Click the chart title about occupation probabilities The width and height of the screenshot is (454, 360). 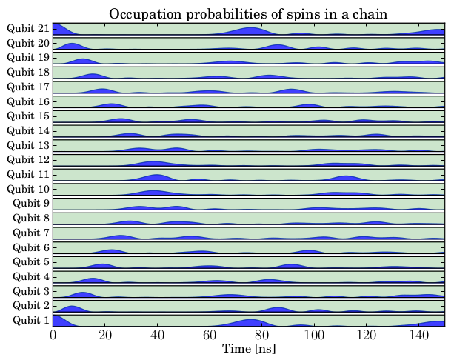(248, 14)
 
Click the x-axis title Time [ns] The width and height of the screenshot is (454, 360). (249, 348)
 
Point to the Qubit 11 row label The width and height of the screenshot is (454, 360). (28, 174)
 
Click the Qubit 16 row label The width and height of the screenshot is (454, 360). (28, 101)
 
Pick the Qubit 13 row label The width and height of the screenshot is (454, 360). (28, 145)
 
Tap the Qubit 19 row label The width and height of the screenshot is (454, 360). (28, 58)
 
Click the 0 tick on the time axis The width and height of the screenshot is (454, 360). (53, 334)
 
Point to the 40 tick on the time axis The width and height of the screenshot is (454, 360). (157, 334)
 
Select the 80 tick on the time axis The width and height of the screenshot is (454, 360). (261, 334)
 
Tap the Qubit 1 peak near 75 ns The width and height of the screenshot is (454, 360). (250, 321)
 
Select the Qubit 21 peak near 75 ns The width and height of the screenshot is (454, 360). (250, 30)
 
